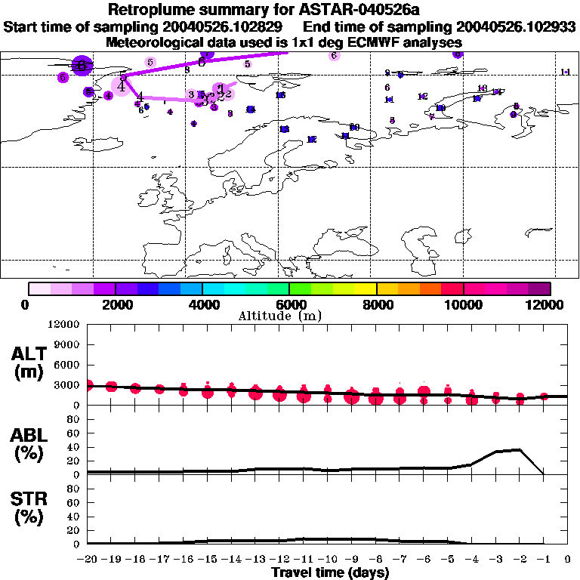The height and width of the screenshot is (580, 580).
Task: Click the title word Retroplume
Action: (x=156, y=11)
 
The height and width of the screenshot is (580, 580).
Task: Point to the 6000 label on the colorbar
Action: (x=289, y=304)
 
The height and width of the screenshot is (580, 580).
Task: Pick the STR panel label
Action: (x=29, y=507)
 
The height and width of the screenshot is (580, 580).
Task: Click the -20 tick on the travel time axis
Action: (x=88, y=560)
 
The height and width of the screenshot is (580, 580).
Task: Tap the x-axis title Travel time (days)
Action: (x=330, y=572)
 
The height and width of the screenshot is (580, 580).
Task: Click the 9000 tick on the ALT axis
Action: (x=66, y=344)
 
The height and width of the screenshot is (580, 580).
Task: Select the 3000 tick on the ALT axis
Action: (x=66, y=385)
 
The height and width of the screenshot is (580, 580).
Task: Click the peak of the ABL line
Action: (x=520, y=449)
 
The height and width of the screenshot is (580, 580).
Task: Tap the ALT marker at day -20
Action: (x=88, y=385)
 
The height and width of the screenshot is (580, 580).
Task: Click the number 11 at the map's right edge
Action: (x=566, y=72)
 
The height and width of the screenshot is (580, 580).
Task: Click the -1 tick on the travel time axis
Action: (x=544, y=560)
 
